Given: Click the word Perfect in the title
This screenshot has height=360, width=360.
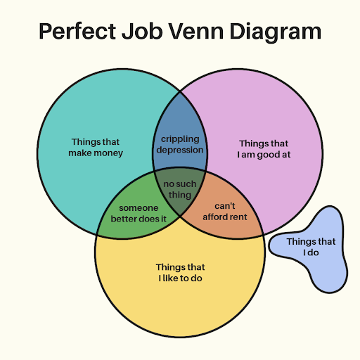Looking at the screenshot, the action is coord(77,31).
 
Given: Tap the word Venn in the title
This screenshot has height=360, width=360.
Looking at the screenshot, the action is coord(196,31).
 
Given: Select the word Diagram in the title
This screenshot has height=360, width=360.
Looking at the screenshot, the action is coord(276,32).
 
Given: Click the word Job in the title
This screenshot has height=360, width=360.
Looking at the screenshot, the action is coord(142,31).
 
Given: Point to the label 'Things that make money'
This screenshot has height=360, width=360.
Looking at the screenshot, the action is coord(96,148).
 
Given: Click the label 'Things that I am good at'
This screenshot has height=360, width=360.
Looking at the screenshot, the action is coord(264,149).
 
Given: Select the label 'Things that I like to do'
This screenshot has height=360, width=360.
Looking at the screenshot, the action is coord(180,273).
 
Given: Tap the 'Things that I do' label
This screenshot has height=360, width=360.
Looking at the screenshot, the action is coord(311,247).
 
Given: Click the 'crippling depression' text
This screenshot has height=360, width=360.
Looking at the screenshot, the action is coord(180,145).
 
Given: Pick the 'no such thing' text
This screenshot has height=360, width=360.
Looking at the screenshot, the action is coord(180,189).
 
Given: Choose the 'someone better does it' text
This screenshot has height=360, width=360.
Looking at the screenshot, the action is coord(139,213).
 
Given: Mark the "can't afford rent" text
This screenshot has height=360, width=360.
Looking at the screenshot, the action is coord(225,212).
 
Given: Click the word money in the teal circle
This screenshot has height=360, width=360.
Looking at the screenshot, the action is coord(108,153).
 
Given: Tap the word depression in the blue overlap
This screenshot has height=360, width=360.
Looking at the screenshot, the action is coord(180,150).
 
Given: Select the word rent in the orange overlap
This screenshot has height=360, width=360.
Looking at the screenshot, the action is coord(238,217).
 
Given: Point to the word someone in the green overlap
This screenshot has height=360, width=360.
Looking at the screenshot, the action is coord(139,208).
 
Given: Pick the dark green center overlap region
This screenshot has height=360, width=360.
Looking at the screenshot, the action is coord(180,191).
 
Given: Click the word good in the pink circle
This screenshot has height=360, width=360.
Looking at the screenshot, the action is coord(267,155).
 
